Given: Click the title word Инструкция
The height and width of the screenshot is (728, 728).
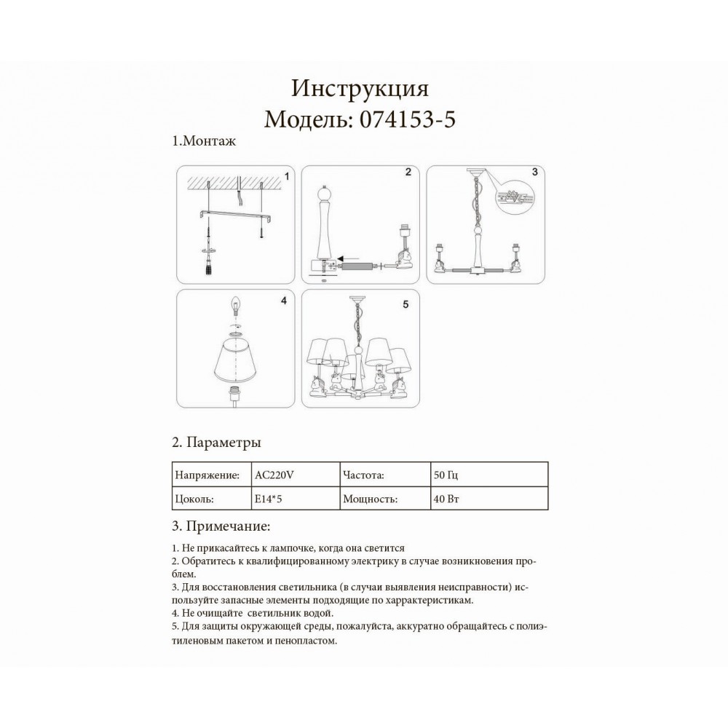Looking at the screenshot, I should click(x=360, y=88).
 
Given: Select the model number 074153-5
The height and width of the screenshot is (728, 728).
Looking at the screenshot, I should click(x=407, y=118).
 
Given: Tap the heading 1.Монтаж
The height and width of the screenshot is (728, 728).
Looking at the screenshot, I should click(x=204, y=142).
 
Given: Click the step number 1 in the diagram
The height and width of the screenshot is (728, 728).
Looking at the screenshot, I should click(x=287, y=176).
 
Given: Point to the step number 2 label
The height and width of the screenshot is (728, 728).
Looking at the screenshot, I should click(x=408, y=173).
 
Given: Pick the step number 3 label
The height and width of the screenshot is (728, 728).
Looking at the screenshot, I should click(x=534, y=173).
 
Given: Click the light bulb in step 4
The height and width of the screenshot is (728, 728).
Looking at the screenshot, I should click(x=234, y=303).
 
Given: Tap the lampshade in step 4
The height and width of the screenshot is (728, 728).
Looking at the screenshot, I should click(x=235, y=362).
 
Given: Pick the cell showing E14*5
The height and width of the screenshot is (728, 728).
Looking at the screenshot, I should click(x=267, y=500).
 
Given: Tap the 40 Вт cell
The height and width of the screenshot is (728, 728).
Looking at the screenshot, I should click(x=446, y=500).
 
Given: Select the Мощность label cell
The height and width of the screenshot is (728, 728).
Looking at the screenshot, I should click(x=369, y=500).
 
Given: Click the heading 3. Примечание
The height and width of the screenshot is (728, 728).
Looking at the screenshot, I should click(x=221, y=526).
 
